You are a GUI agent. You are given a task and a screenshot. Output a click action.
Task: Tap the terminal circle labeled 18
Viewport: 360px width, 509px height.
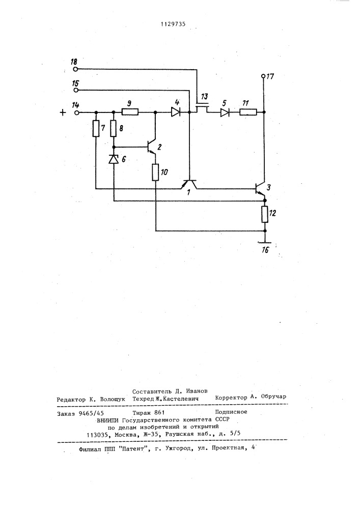pos(75,68)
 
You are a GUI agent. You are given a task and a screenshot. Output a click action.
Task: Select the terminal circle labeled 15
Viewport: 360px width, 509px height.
pos(75,90)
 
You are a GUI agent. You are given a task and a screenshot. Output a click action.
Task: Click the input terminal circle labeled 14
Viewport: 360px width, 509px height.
pos(77,112)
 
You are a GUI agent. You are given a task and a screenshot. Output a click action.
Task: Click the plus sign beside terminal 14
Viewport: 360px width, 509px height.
pos(62,112)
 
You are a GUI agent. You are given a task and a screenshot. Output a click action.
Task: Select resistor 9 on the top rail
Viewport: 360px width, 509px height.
pos(130,112)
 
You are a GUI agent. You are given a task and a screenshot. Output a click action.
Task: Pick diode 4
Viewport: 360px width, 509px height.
pos(176,112)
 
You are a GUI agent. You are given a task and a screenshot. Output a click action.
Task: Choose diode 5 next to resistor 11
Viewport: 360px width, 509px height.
pos(224,112)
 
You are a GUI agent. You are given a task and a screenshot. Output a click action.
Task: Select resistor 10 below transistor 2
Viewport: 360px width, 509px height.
pos(155,173)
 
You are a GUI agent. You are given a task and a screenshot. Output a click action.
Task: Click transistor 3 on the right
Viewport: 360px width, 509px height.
pos(261,189)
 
